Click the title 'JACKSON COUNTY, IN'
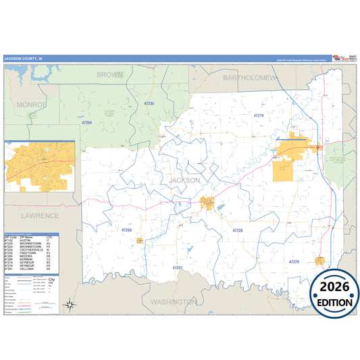click(22, 58)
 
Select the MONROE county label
click(32, 105)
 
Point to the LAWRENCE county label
click(40, 215)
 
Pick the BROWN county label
click(110, 74)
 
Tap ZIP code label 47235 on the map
click(149, 103)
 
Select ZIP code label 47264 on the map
click(86, 122)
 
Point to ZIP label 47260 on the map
click(126, 230)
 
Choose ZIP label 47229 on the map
click(293, 261)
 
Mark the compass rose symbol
click(70, 305)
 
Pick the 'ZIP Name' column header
click(26, 238)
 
